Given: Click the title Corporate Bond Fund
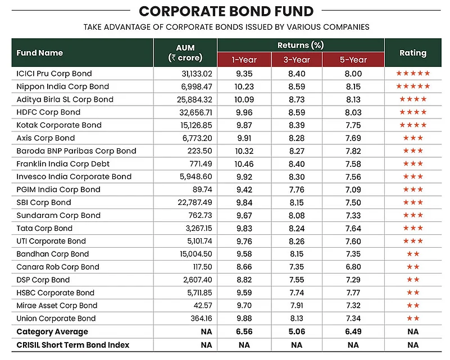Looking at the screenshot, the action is coord(226,11).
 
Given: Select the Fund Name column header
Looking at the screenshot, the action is coord(39,53).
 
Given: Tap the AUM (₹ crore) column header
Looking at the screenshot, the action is coord(185,53).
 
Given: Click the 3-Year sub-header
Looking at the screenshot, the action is coord(297,60).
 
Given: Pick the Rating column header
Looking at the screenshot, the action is coord(413,53).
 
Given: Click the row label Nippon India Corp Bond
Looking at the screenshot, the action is coord(62,86).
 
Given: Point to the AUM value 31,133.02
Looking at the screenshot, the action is coord(197,74).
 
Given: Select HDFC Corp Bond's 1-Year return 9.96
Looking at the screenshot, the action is coord(244,112).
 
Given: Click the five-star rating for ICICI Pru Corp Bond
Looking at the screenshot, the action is coord(413,73).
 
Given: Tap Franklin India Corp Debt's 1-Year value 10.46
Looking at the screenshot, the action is coord(244,164).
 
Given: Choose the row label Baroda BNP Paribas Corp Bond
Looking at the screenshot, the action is coord(76,151).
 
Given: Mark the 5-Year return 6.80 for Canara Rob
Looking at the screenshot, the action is coord(353,267).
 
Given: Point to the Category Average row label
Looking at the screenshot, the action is coord(52,331).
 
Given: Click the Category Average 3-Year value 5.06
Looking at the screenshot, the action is coord(297,331).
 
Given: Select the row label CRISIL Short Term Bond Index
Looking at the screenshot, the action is coord(73,345).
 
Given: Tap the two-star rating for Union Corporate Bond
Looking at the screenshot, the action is coord(413,318).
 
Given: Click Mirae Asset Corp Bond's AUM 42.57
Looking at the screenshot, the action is coord(203,306).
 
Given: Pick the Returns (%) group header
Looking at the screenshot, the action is coord(301,45).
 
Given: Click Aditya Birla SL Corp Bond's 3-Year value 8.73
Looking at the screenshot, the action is coord(297,99).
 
